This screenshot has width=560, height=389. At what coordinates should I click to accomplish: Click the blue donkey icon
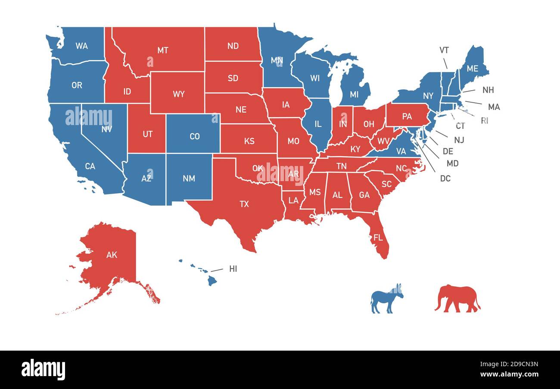click(x=386, y=298)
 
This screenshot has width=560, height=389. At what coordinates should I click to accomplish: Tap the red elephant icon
click(x=457, y=298)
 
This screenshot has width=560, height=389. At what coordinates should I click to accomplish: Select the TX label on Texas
click(x=244, y=204)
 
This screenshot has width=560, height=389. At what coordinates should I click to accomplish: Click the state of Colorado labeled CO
click(x=195, y=136)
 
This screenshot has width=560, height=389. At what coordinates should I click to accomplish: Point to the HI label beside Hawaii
click(x=233, y=269)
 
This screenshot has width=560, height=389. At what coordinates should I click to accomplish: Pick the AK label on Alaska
click(x=112, y=255)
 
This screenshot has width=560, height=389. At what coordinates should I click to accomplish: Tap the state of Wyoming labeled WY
click(x=179, y=94)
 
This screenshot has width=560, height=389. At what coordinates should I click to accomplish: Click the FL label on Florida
click(x=378, y=238)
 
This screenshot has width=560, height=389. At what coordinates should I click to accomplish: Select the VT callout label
click(x=444, y=50)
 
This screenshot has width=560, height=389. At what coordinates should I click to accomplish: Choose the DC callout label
click(x=445, y=178)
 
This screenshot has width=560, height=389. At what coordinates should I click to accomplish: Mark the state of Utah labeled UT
click(x=147, y=134)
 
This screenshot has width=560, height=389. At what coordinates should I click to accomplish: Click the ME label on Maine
click(x=473, y=68)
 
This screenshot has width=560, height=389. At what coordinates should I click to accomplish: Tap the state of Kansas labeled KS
click(x=249, y=141)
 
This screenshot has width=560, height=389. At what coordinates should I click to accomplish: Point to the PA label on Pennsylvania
click(x=407, y=116)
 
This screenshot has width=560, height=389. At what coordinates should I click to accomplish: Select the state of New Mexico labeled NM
click(x=189, y=178)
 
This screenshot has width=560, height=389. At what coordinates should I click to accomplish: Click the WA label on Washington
click(x=81, y=45)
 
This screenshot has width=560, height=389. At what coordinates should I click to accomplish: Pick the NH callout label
click(x=488, y=90)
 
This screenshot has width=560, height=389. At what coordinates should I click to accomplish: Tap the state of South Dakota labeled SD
click(x=233, y=78)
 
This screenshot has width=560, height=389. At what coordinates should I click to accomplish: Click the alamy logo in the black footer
click(x=43, y=370)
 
